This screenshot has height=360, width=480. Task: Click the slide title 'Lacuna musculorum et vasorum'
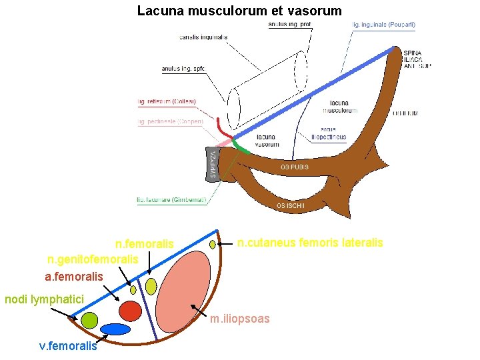239,11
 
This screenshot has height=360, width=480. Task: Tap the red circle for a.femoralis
131,310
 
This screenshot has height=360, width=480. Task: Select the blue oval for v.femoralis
115,329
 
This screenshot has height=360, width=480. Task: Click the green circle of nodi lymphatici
89,320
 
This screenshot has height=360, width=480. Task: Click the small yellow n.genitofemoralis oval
133,290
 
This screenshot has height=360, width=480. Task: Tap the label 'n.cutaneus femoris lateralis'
310,243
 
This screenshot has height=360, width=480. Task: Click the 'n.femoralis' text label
144,245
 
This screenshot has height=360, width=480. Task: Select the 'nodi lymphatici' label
44,299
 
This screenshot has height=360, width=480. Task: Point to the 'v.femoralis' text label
68,345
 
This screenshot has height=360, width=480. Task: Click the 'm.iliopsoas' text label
240,319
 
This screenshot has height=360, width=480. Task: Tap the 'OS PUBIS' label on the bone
294,167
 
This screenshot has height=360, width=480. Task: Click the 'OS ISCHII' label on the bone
290,206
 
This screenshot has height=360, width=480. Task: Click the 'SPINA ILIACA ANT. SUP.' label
416,59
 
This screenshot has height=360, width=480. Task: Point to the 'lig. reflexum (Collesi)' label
167,101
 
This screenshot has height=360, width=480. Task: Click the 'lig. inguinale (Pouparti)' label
383,24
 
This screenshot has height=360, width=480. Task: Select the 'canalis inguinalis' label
203,37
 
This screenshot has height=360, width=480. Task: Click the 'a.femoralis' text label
74,275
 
